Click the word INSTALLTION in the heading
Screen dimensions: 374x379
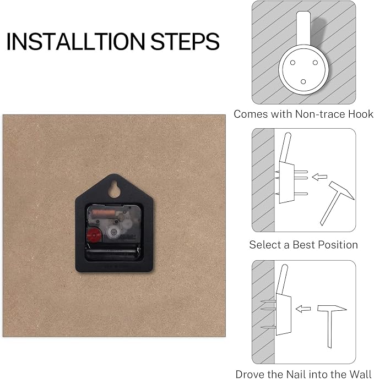(x=75, y=41)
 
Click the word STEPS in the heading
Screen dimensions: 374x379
(x=185, y=41)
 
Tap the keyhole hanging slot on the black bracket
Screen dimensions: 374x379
(x=114, y=189)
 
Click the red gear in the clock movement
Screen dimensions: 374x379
(x=94, y=235)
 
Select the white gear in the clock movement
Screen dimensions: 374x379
(x=113, y=232)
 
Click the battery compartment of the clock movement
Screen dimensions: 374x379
(x=113, y=252)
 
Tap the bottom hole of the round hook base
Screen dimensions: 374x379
(x=303, y=82)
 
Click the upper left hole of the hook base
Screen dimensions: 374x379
(x=292, y=63)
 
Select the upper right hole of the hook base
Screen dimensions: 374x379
(x=315, y=63)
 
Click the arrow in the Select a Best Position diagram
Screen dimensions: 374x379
(x=319, y=177)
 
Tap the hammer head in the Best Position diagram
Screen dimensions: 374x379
(x=342, y=190)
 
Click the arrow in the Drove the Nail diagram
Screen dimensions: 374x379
(x=303, y=309)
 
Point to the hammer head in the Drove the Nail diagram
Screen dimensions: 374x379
(x=332, y=308)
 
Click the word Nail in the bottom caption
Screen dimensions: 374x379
(x=297, y=374)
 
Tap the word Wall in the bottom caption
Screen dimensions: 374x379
(x=360, y=374)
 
